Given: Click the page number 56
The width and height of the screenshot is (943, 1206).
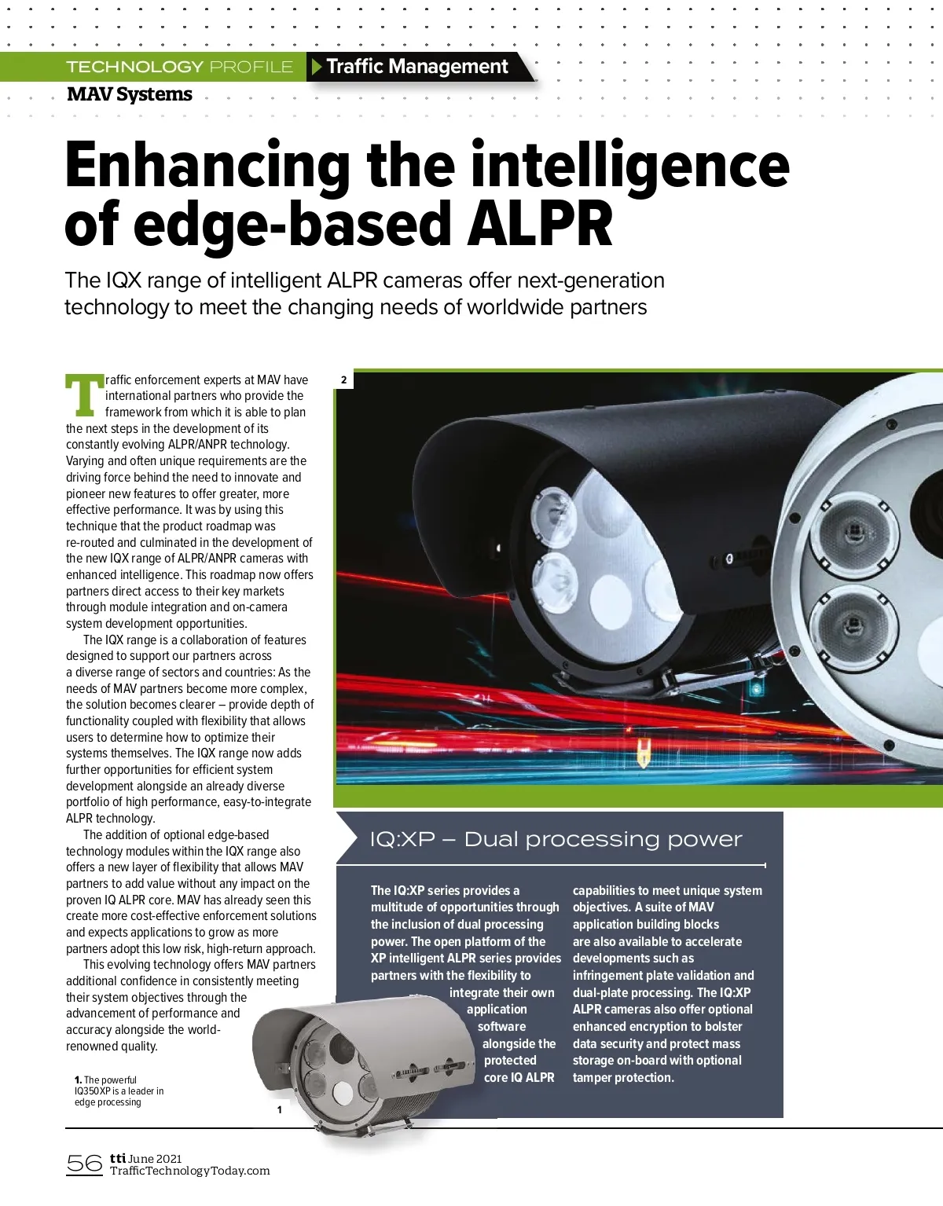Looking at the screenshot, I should click(84, 1163).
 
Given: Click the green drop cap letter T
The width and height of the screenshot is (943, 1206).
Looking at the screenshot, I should click(84, 395).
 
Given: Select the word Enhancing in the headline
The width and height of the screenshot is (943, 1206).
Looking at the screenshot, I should click(207, 165).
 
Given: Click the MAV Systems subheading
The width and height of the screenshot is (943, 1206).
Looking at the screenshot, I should click(130, 94).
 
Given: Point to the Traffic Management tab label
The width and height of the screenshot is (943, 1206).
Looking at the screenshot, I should click(417, 67).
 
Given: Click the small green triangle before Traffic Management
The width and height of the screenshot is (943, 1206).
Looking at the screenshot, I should click(317, 67).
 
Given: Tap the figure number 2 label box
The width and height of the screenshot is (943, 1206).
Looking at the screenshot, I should click(343, 380).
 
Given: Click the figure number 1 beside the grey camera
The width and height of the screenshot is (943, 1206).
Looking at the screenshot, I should click(279, 1109).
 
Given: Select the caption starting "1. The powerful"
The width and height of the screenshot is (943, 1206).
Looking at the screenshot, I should click(119, 1091).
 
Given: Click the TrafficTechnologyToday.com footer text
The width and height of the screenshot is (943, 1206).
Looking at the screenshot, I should click(189, 1171).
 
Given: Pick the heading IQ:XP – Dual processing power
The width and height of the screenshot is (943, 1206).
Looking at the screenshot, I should click(556, 839).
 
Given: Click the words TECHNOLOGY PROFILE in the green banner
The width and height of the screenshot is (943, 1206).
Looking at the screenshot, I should click(179, 67).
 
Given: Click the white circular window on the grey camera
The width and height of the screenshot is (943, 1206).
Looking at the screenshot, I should click(343, 1091).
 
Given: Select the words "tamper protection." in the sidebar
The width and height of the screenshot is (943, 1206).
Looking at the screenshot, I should click(623, 1077).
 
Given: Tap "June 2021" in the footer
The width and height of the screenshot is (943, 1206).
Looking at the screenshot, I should click(155, 1158).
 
